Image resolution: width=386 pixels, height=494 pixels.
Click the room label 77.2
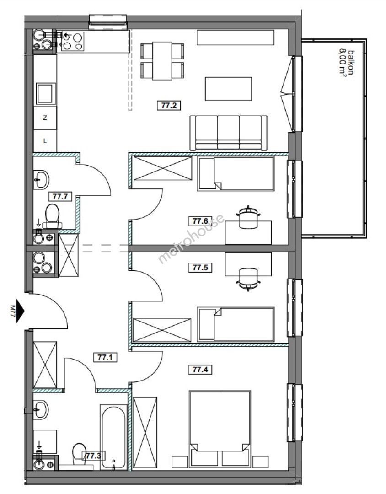(169, 105)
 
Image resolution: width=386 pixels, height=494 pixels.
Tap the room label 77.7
(60, 197)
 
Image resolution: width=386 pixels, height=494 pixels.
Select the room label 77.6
(200, 221)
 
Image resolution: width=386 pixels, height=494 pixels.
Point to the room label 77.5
(200, 268)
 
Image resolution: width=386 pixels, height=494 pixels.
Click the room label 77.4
(200, 369)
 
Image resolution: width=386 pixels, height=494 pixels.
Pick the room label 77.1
(105, 357)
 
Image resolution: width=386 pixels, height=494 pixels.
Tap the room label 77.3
(94, 456)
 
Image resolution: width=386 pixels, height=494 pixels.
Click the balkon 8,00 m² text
(346, 63)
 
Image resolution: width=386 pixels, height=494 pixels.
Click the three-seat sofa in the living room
(229, 133)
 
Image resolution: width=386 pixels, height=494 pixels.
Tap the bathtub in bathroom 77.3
(114, 437)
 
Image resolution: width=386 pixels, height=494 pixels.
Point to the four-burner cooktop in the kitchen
(73, 42)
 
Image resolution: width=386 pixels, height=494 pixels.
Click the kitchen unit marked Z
(45, 118)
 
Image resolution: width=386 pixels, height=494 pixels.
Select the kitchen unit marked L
(45, 141)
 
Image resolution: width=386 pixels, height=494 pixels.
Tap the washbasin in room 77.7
(41, 180)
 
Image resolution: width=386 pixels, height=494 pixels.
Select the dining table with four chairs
(162, 60)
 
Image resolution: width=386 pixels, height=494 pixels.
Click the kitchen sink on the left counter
(45, 94)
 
